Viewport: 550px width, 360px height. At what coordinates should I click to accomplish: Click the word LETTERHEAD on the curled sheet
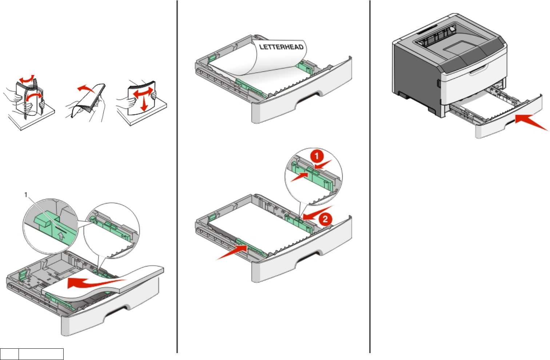(281, 47)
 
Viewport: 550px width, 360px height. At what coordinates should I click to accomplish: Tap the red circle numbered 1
(317, 157)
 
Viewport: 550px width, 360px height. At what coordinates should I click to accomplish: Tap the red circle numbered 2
(325, 219)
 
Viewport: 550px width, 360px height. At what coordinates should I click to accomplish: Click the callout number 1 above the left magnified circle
(26, 195)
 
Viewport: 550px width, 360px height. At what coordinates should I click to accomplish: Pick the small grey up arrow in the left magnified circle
(61, 236)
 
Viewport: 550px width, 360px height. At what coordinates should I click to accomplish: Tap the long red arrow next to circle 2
(314, 214)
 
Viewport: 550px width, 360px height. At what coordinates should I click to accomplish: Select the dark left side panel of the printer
(415, 73)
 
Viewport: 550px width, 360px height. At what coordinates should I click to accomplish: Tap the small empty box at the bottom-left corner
(9, 354)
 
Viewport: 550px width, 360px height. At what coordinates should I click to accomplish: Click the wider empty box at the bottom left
(41, 354)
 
